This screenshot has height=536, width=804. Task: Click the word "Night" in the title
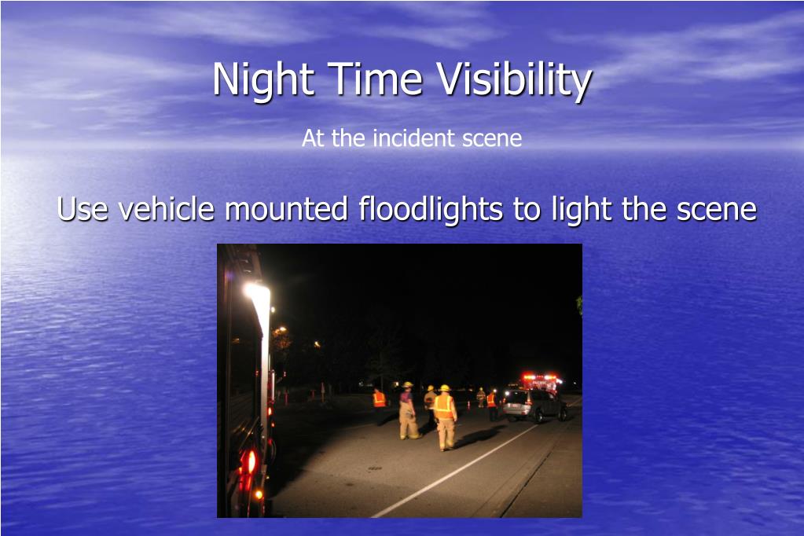263,79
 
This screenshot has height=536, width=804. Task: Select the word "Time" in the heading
375,79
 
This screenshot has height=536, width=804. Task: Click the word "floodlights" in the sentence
431,209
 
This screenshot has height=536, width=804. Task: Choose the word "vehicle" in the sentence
166,208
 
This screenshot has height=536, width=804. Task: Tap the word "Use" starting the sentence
83,209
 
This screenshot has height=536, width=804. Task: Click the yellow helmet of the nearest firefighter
445,388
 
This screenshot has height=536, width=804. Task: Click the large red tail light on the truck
251,461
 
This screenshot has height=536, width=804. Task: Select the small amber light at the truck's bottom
259,494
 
